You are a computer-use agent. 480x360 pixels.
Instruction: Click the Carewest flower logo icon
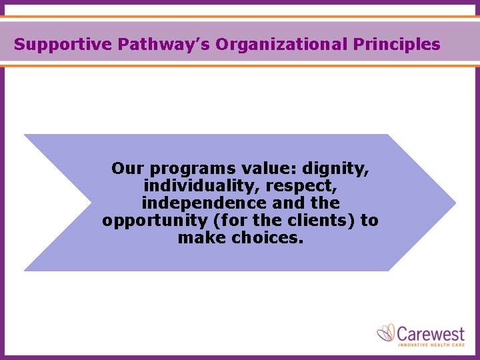click(386, 333)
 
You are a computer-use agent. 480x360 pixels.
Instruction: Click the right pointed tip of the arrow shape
click(455, 203)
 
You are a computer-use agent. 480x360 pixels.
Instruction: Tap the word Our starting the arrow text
click(127, 169)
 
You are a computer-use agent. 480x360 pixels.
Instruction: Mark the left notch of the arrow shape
click(91, 203)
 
